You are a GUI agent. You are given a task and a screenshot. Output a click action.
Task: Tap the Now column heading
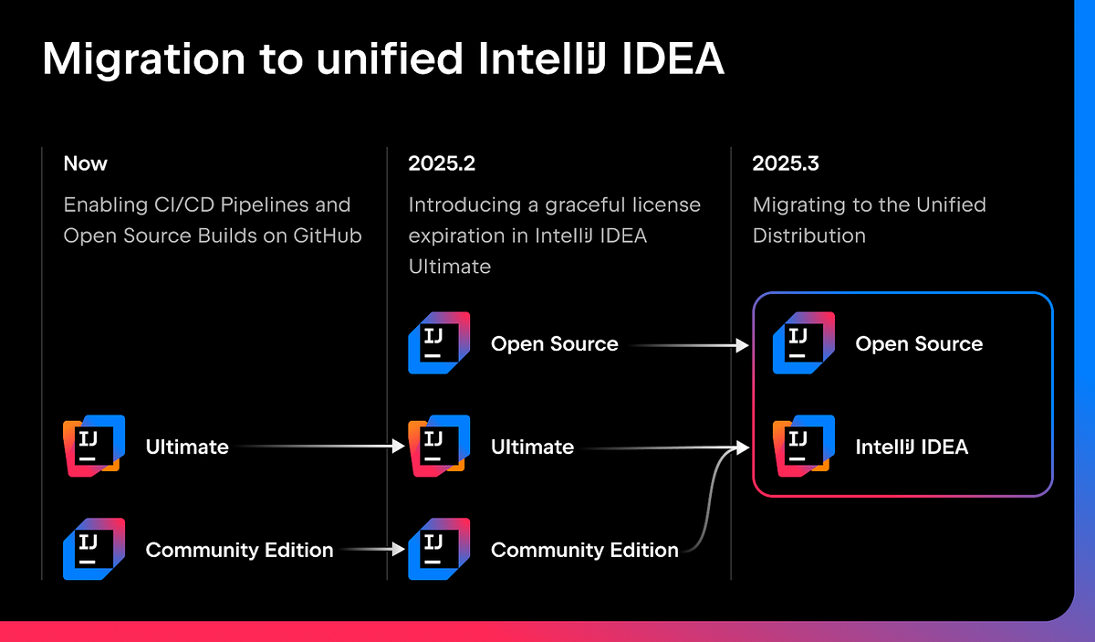[86, 164]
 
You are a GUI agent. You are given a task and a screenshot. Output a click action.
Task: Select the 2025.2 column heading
[442, 164]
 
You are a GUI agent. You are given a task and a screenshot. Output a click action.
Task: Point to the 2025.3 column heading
[786, 164]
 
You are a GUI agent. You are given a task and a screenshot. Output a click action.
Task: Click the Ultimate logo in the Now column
[94, 447]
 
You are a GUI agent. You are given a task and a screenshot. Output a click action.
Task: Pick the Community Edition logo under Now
[94, 550]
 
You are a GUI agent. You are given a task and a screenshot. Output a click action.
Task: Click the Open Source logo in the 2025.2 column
[439, 343]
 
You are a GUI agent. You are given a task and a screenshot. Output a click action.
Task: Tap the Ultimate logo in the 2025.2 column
[439, 447]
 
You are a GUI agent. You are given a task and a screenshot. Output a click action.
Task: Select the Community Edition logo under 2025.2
[439, 550]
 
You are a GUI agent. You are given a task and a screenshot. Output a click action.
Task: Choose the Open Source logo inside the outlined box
[804, 343]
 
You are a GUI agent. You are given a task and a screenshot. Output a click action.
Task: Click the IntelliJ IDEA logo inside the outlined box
[804, 447]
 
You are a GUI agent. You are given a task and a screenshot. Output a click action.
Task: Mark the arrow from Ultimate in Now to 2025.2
[319, 447]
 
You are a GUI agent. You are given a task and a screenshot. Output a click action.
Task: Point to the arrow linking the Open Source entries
[689, 345]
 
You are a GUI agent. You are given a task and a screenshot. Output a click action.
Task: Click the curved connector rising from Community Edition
[710, 502]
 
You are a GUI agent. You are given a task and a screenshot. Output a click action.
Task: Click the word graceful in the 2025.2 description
[572, 205]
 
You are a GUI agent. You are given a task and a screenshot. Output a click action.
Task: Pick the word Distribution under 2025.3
[808, 236]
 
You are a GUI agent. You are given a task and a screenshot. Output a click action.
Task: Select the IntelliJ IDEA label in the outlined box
[912, 447]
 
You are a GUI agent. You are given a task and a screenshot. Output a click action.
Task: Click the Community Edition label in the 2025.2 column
[584, 551]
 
